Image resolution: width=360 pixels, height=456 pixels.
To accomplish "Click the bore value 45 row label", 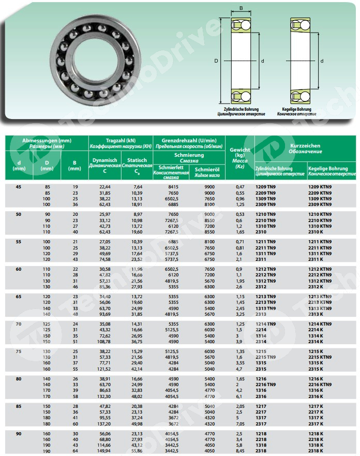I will (x=19, y=186).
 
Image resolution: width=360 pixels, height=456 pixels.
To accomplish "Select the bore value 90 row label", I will (x=19, y=433).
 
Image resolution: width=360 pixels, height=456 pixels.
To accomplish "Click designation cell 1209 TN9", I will (x=266, y=186).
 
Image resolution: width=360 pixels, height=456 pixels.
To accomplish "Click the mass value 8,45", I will (x=240, y=451).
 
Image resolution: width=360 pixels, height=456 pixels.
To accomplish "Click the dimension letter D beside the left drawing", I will (x=215, y=61).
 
